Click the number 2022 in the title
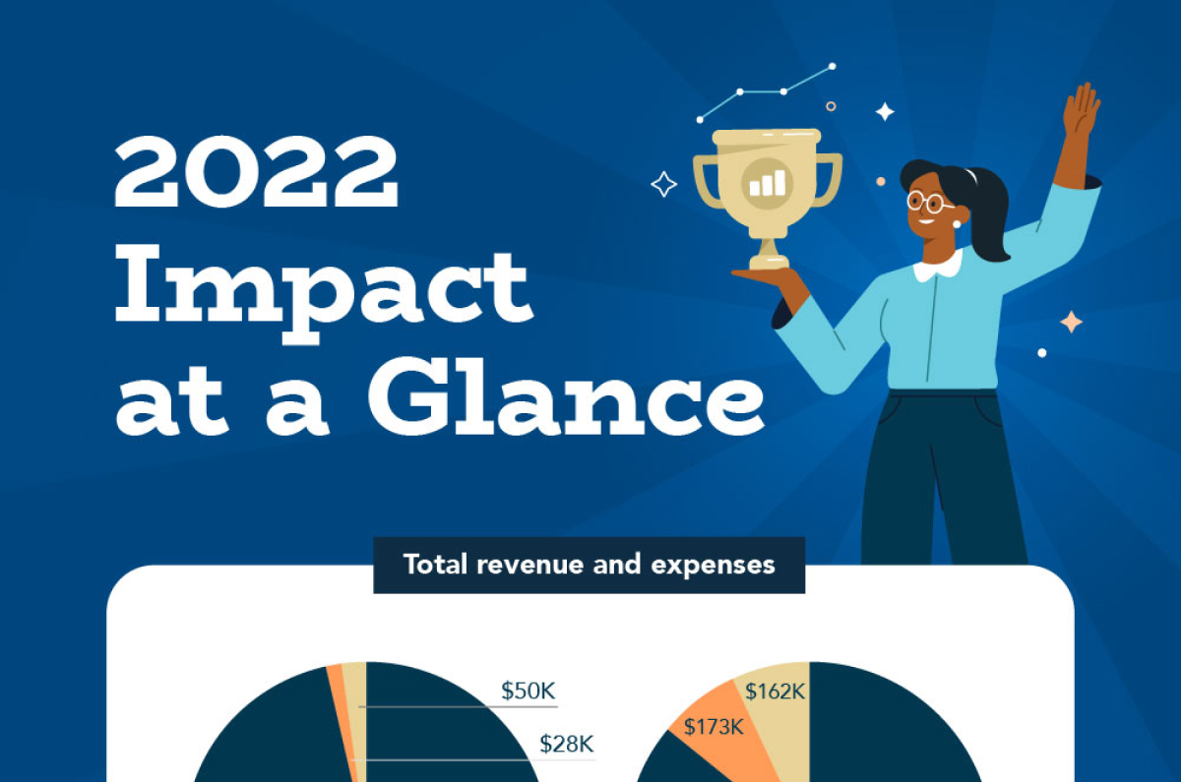256,171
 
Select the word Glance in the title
567,396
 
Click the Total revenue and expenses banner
589,565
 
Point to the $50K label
528,691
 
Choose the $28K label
567,744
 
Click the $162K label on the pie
776,692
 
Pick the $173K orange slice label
714,727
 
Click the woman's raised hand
1081,109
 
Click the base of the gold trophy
770,262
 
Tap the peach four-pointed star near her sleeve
1072,322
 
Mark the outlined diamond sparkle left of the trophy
663,185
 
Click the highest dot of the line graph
832,67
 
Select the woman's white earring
957,224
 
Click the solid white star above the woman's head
885,112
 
